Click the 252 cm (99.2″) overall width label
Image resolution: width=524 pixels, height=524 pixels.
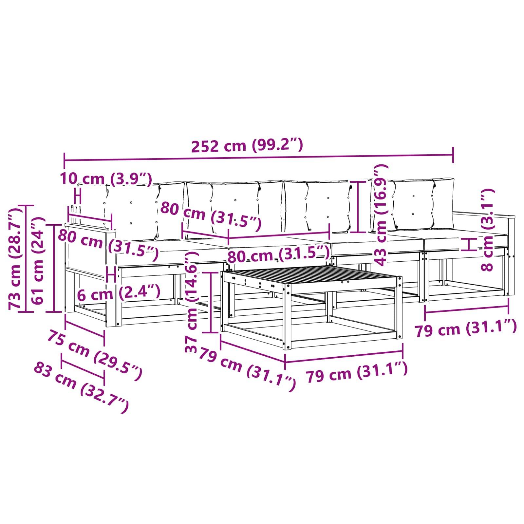(247, 145)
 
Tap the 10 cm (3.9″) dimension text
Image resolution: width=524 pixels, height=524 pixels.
(106, 179)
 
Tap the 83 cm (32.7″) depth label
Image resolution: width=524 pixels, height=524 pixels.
(81, 387)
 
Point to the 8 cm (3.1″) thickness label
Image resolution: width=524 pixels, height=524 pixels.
(487, 230)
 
